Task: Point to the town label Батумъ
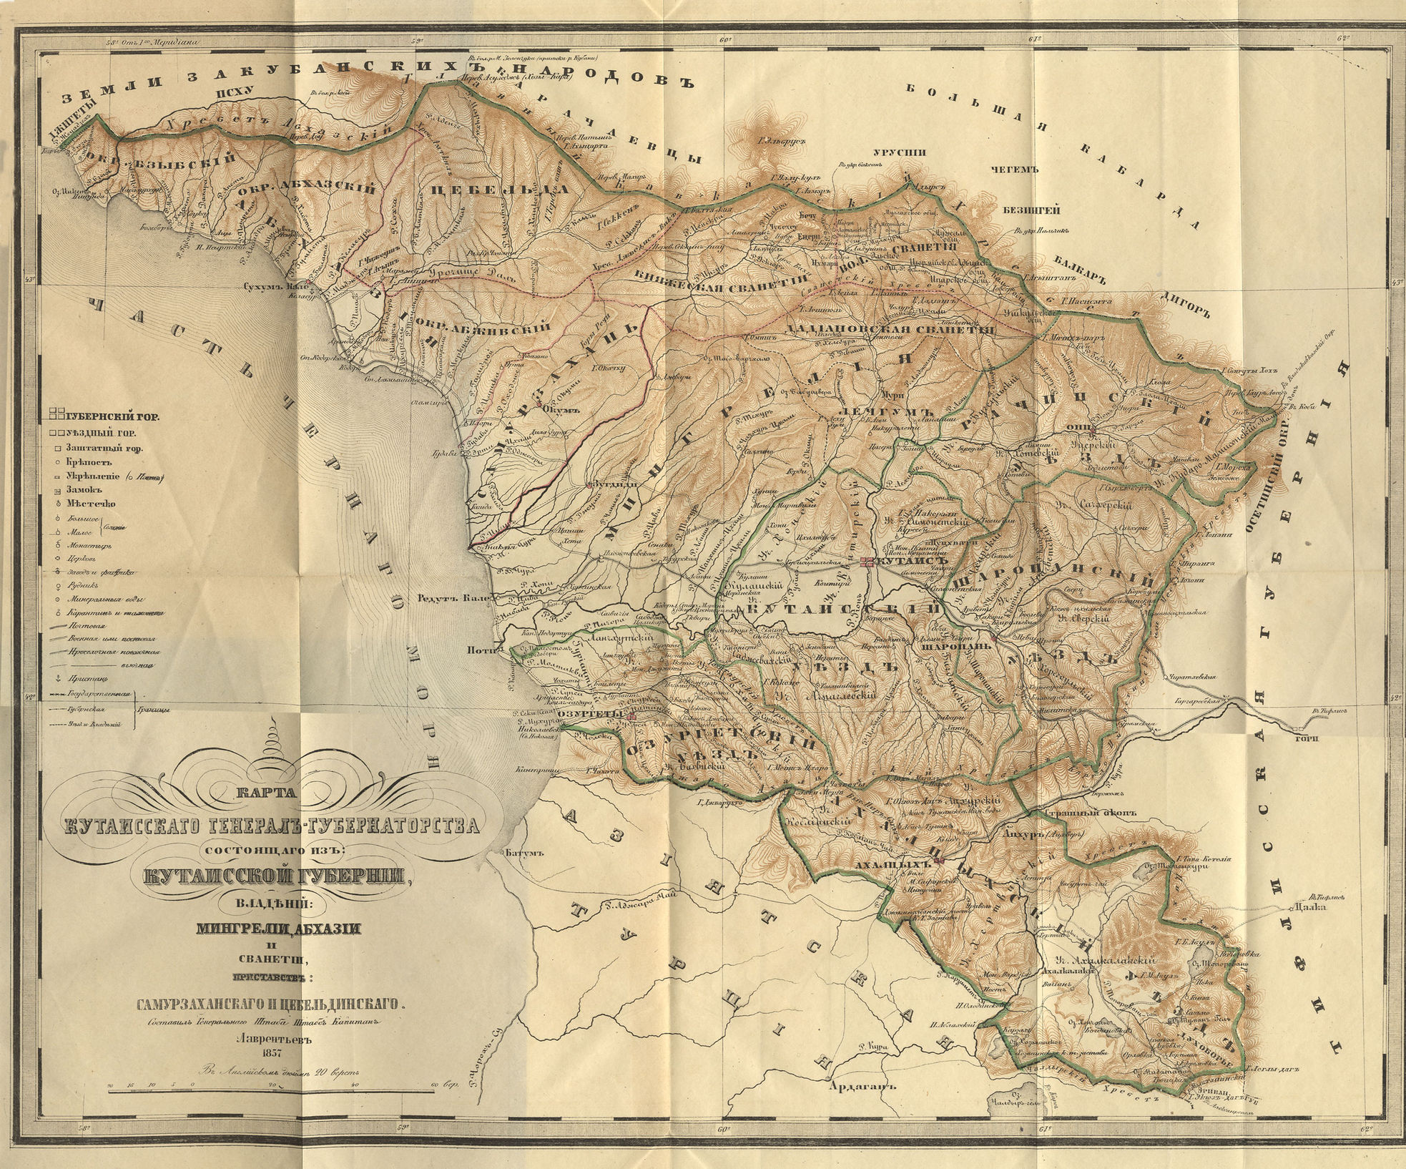click(520, 853)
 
